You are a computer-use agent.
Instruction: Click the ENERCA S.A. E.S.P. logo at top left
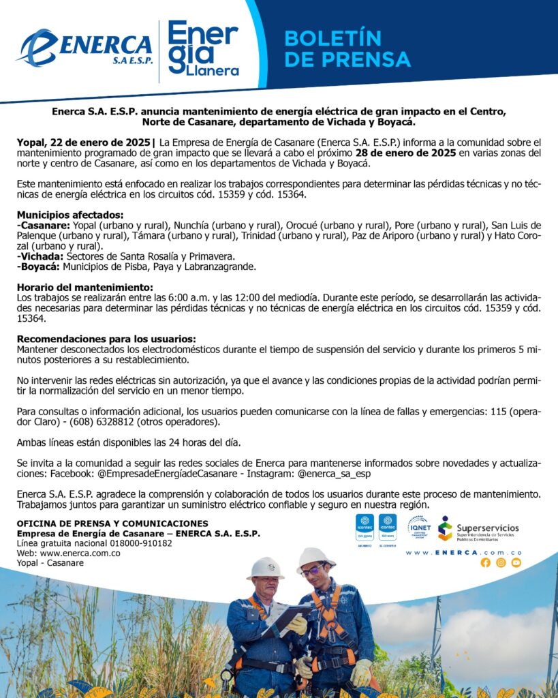85,48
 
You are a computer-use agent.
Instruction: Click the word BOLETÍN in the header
332,37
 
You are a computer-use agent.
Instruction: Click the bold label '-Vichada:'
40,256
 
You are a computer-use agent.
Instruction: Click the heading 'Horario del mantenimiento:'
84,288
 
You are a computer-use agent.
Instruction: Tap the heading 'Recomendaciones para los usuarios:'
106,339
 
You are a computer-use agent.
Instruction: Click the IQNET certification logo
418,527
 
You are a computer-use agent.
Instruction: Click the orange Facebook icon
485,562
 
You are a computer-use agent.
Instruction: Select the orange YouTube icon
516,562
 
